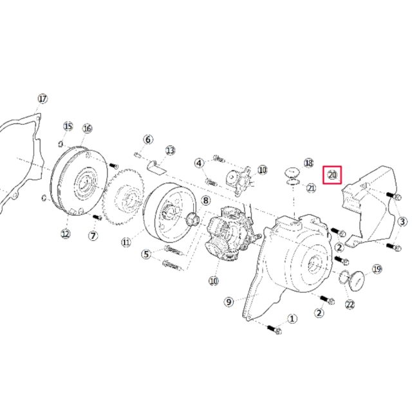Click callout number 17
[42, 98]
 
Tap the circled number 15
[68, 126]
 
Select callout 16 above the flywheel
[87, 128]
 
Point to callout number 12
[65, 233]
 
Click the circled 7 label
[93, 236]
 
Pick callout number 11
[126, 242]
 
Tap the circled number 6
[147, 140]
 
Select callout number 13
[170, 150]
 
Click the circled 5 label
[147, 255]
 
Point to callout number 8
[205, 200]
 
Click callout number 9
[229, 301]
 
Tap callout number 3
[402, 222]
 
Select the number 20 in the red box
[332, 174]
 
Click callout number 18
[308, 164]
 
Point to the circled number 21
[311, 188]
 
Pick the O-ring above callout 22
[346, 277]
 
